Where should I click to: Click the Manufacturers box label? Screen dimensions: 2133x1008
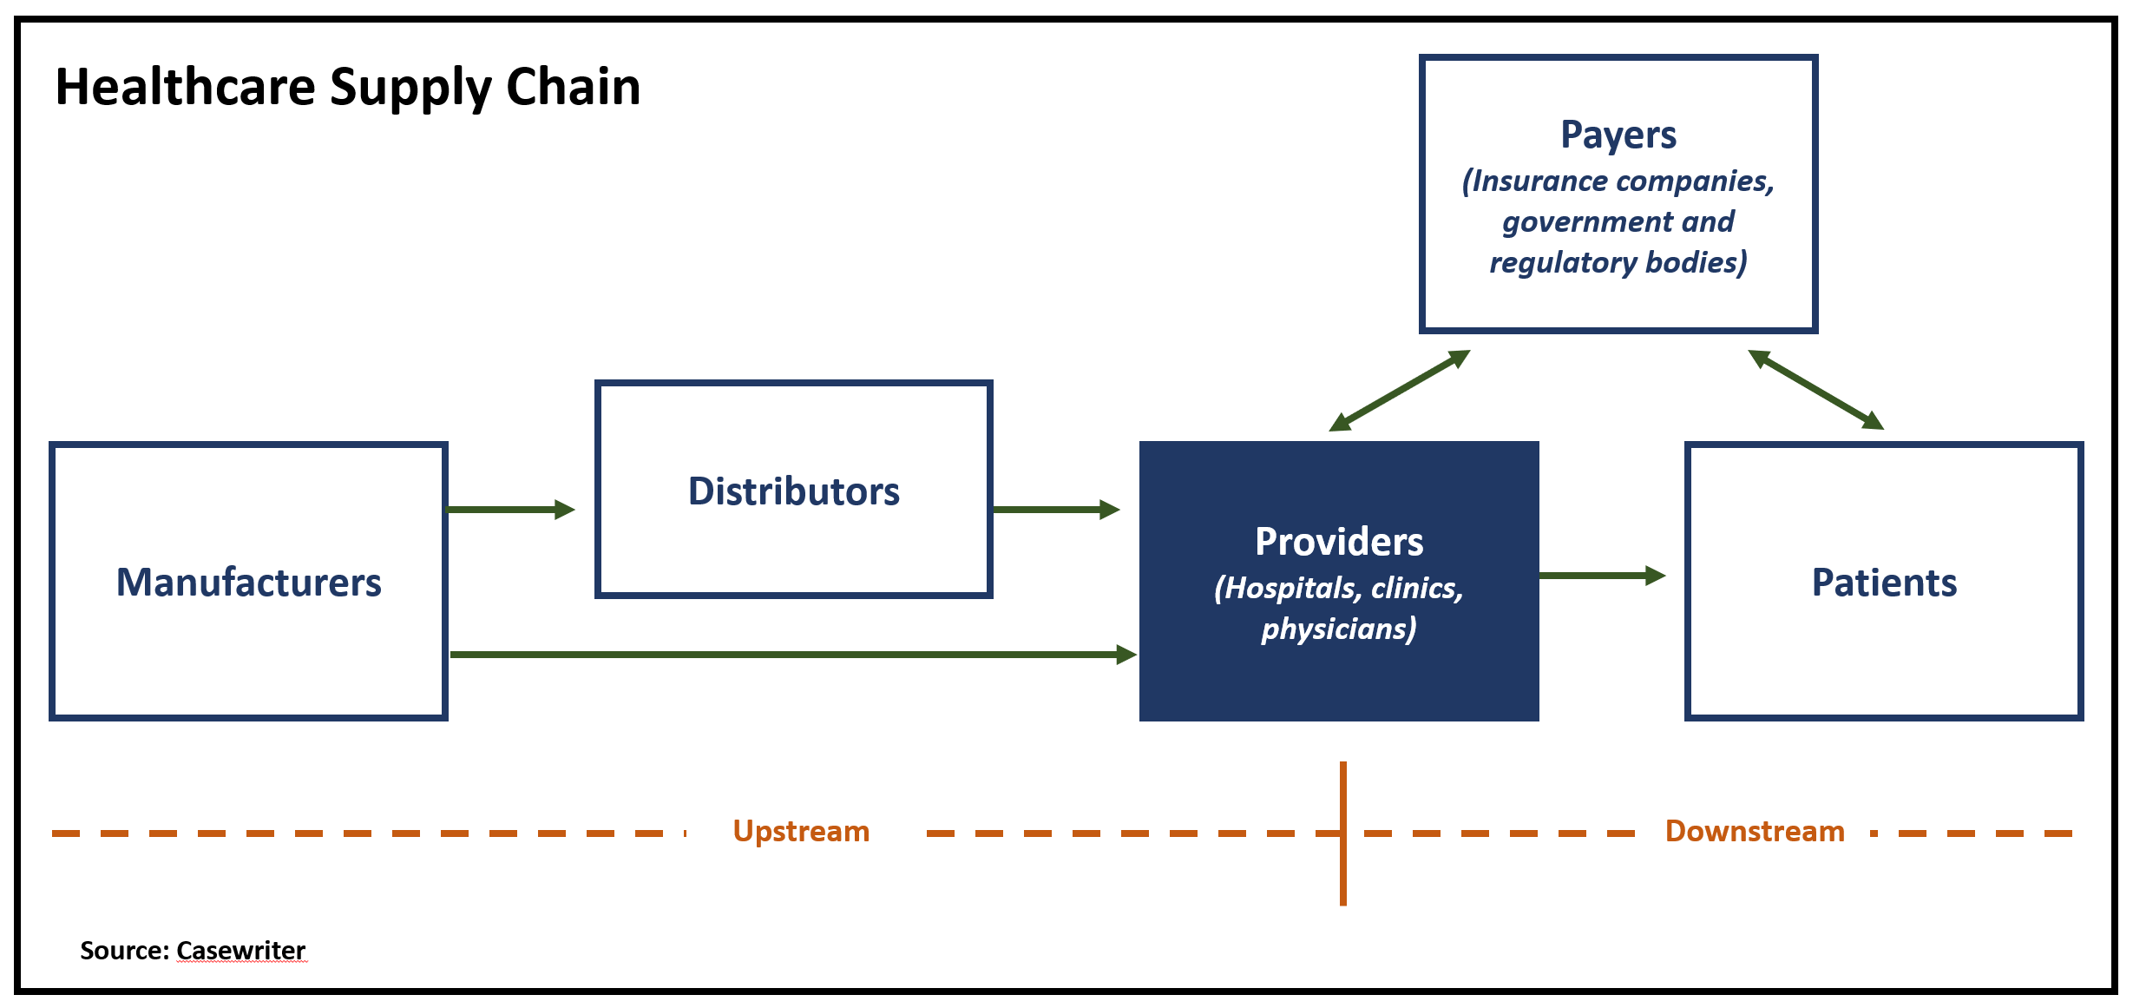[x=249, y=583]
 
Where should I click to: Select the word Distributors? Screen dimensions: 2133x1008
[x=794, y=491]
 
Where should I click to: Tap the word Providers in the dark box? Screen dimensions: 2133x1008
[x=1339, y=542]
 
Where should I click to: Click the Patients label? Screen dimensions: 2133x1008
[x=1884, y=583]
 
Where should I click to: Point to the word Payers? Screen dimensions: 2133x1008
[x=1618, y=135]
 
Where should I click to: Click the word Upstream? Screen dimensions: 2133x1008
[x=801, y=832]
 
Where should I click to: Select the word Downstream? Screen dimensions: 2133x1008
[x=1755, y=832]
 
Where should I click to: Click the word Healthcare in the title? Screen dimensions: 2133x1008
[x=186, y=87]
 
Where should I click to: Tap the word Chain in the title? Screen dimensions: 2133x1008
[x=573, y=87]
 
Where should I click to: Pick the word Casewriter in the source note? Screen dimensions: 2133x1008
[x=241, y=951]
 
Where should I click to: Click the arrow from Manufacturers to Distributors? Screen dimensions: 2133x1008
[x=511, y=510]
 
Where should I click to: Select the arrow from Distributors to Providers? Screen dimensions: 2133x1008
[x=1056, y=510]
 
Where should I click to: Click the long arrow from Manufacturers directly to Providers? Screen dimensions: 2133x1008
[x=794, y=654]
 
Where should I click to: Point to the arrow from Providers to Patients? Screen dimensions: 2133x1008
[x=1602, y=575]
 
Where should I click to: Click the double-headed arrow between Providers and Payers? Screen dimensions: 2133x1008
[x=1400, y=391]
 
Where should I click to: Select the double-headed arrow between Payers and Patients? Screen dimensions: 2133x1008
[x=1815, y=390]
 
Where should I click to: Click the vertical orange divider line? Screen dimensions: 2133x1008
[x=1343, y=833]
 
